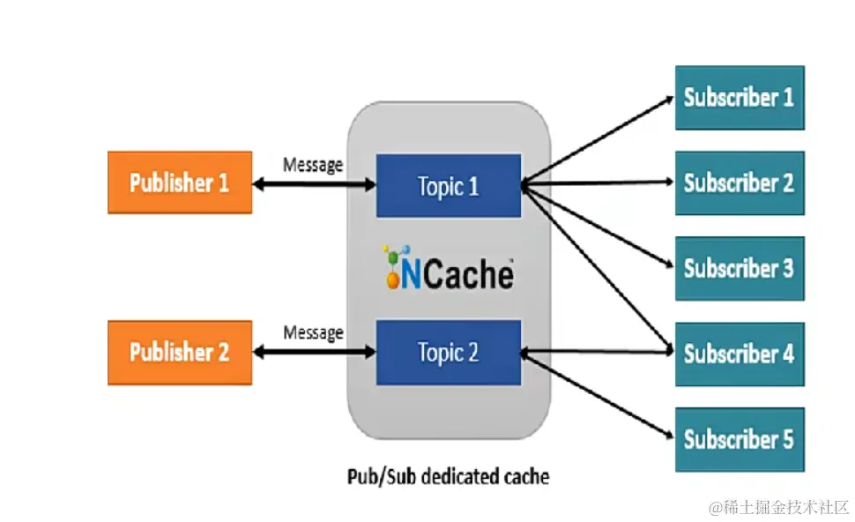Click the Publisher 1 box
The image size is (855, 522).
(180, 183)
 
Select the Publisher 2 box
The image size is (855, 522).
(180, 353)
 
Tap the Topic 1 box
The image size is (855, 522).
(449, 185)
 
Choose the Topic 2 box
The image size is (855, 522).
(449, 353)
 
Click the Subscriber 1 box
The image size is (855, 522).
(740, 97)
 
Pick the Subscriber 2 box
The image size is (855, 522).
(740, 183)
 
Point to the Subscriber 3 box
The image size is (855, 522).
(740, 268)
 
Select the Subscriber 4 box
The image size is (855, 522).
(740, 354)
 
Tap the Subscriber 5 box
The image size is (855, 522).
(740, 439)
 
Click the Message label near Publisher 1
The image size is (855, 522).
(313, 165)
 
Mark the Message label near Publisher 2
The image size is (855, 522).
(313, 332)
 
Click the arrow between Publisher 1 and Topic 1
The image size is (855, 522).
(314, 185)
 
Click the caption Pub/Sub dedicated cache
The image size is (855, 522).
(448, 477)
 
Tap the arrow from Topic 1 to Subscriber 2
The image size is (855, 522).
(599, 184)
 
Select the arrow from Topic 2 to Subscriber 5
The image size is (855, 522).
(599, 395)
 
